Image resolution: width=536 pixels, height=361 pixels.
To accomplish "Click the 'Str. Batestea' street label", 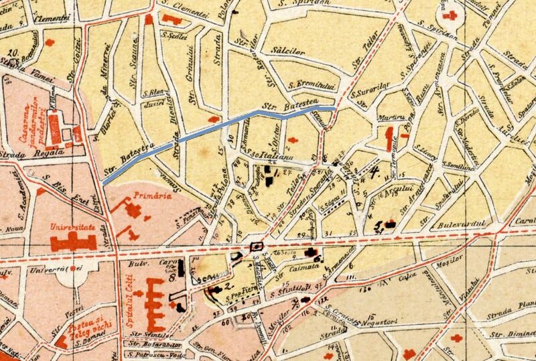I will (x=280, y=106).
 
